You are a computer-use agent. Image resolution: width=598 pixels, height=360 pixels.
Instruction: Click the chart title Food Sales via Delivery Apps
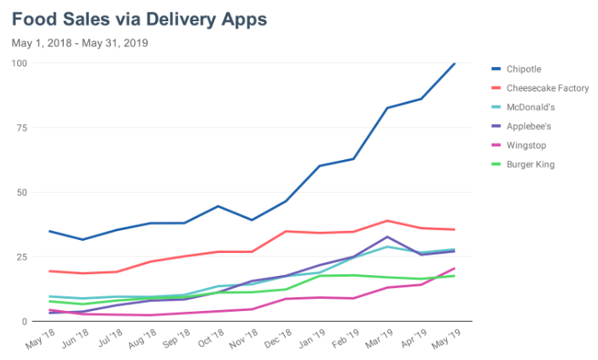click(140, 17)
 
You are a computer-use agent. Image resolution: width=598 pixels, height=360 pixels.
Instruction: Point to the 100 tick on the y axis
click(20, 63)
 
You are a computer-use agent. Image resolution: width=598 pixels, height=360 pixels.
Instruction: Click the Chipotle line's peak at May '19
click(455, 63)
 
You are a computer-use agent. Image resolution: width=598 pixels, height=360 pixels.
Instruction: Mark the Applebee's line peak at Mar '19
click(387, 237)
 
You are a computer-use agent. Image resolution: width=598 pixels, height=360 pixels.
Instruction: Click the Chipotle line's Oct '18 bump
click(218, 206)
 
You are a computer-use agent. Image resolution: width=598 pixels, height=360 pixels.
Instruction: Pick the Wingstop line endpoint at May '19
click(455, 268)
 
